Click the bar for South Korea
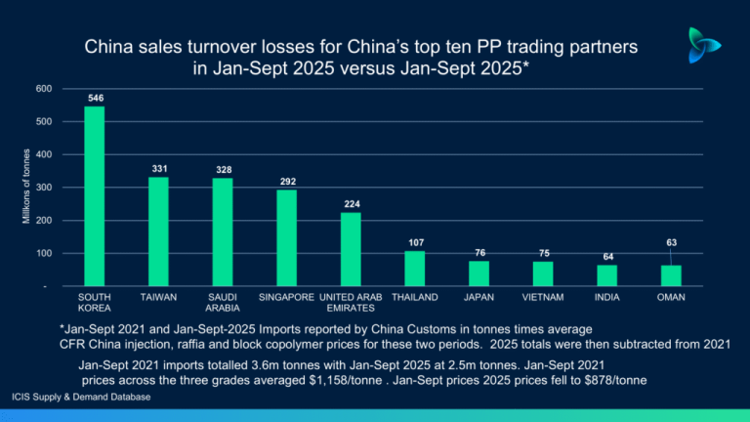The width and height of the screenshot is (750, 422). point(95,195)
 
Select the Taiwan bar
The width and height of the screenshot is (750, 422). point(158,232)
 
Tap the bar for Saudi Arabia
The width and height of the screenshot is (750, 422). point(223,232)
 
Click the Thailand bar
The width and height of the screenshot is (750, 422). point(415,268)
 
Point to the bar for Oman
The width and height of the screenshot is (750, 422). point(671,274)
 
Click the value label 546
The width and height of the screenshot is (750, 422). point(96,98)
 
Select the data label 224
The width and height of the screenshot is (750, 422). point(352,204)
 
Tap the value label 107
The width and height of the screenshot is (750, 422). point(415,242)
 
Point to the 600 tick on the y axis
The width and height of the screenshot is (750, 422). point(43,89)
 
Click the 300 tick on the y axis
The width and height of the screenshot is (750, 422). point(43,188)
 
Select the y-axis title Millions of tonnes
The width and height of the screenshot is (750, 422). point(26,187)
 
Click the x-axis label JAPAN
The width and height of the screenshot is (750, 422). point(479,296)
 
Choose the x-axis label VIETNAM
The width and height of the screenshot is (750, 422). point(543,296)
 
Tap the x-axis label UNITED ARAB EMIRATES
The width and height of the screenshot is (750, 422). point(352,302)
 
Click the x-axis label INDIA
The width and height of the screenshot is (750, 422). point(606,296)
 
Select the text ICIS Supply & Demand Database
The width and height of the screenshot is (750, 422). point(82,398)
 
